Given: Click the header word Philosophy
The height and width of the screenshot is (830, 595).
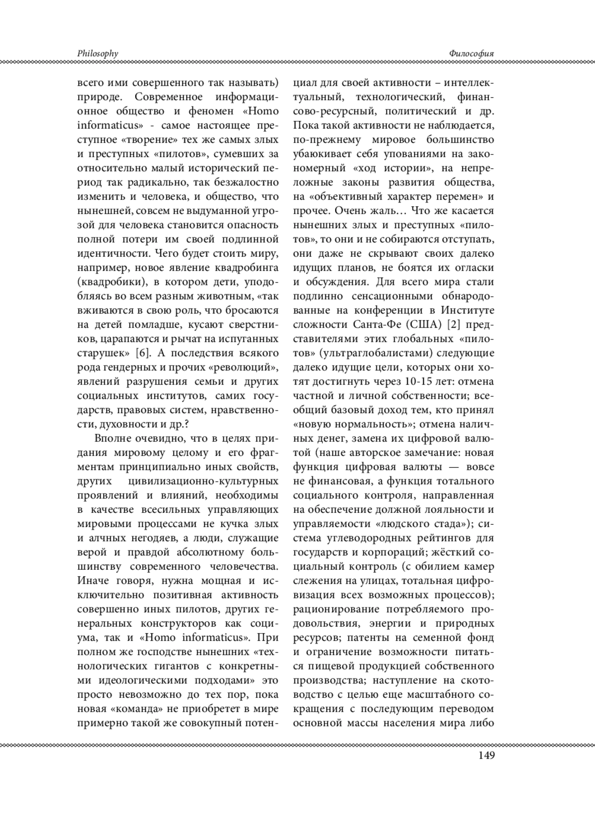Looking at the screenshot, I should (98, 54).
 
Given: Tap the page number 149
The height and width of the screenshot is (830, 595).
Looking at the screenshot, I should (486, 755).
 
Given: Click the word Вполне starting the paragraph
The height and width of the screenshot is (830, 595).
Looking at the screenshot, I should (110, 438).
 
